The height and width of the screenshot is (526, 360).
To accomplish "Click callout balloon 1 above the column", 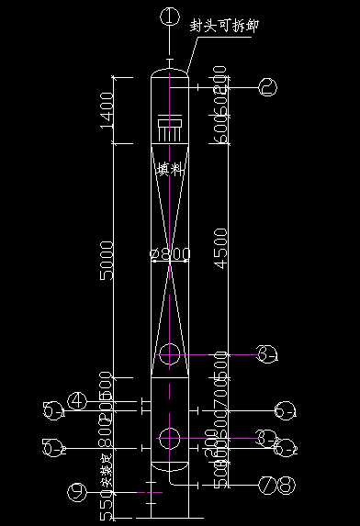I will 168,15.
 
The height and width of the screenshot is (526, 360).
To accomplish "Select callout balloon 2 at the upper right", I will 268,87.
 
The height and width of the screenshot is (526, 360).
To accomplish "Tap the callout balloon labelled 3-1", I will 266,354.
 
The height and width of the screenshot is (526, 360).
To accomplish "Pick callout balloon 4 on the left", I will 79,400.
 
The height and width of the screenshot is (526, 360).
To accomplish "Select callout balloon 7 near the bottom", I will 266,483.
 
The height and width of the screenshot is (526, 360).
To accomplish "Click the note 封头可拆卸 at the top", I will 223,26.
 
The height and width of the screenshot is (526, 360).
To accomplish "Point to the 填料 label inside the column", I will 170,169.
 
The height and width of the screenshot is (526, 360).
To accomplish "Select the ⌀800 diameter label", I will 169,254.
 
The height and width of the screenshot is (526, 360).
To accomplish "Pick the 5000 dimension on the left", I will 107,262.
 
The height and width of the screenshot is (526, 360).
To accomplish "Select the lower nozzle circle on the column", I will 170,438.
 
